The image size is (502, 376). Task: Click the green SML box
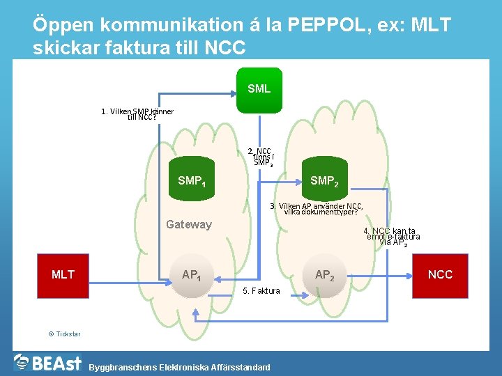pyautogui.click(x=259, y=89)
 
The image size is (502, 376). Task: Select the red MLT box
pyautogui.click(x=63, y=274)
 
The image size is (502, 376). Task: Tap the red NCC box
pyautogui.click(x=440, y=274)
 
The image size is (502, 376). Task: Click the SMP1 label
pyautogui.click(x=192, y=181)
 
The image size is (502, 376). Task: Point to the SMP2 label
pyautogui.click(x=324, y=181)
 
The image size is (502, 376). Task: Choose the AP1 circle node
pyautogui.click(x=192, y=274)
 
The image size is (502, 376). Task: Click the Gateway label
pyautogui.click(x=188, y=224)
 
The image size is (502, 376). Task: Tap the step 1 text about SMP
pyautogui.click(x=137, y=113)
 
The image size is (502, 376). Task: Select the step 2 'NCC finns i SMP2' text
pyautogui.click(x=263, y=157)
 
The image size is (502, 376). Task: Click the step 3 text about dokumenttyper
pyautogui.click(x=320, y=209)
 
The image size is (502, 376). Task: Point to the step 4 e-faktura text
pyautogui.click(x=393, y=237)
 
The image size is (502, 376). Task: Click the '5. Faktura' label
pyautogui.click(x=261, y=291)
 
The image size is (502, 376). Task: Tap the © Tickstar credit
pyautogui.click(x=64, y=334)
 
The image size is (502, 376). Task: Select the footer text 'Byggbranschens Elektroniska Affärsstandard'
pyautogui.click(x=179, y=367)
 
